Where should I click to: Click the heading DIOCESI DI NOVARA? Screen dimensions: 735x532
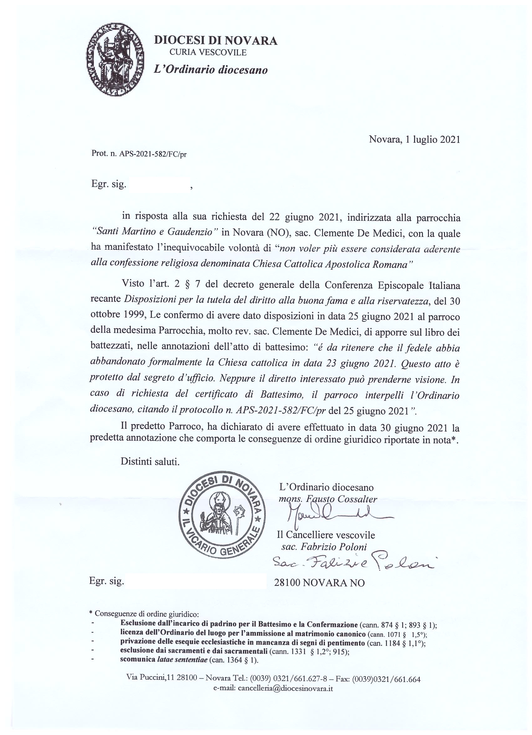click(x=215, y=41)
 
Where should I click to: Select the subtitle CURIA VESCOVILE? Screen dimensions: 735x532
click(x=208, y=53)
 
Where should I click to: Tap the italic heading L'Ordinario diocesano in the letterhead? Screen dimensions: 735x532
click(x=211, y=70)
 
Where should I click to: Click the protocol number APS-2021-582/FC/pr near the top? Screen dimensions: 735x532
click(x=153, y=154)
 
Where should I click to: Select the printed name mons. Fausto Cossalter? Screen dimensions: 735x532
click(x=328, y=499)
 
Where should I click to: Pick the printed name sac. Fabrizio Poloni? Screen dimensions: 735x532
click(x=324, y=547)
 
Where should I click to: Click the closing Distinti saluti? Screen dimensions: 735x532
click(x=150, y=461)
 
